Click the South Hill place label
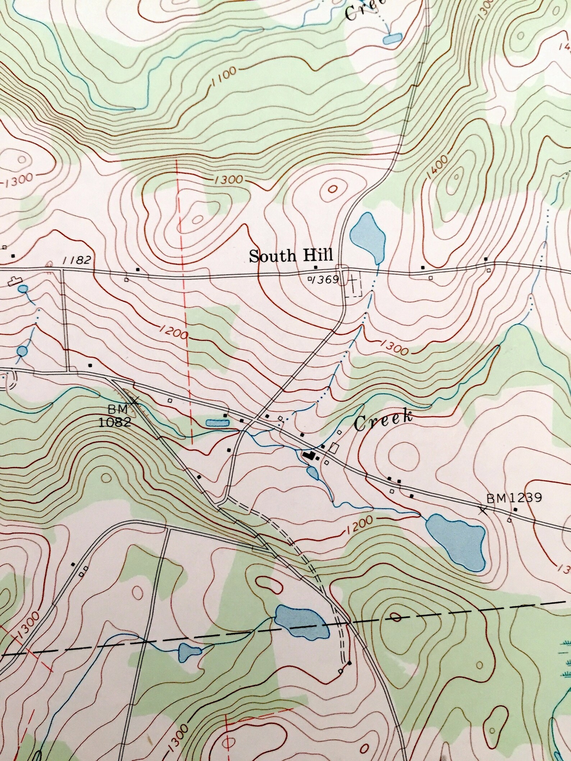pyautogui.click(x=291, y=256)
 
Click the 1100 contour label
pyautogui.click(x=224, y=77)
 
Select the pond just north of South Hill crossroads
pyautogui.click(x=369, y=236)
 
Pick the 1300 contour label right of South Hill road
pyautogui.click(x=394, y=347)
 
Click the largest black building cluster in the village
pyautogui.click(x=309, y=455)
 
